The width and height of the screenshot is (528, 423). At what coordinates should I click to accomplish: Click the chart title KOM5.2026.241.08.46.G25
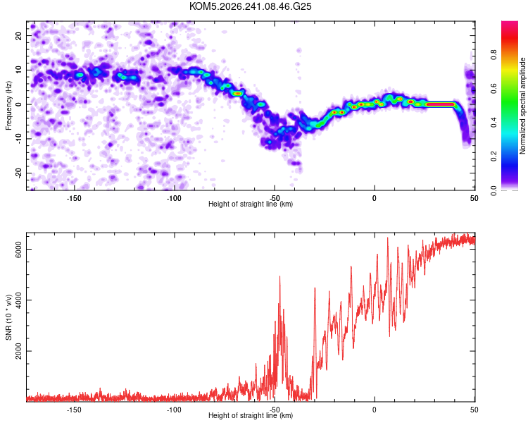250,6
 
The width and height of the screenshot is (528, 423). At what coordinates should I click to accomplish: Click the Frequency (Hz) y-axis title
8,106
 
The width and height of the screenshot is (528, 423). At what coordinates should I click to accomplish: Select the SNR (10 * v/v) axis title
8,317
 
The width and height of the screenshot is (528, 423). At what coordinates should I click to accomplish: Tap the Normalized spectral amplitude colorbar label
522,106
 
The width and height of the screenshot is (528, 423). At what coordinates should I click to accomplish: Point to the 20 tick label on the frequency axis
18,36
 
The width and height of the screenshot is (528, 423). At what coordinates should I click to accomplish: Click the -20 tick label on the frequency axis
18,173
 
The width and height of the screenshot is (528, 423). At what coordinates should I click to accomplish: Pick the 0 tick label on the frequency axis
18,104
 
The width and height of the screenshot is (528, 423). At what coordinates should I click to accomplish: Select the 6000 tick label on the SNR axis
18,250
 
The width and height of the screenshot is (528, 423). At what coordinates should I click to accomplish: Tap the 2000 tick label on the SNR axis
18,351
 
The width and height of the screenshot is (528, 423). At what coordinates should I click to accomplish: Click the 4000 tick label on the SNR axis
18,300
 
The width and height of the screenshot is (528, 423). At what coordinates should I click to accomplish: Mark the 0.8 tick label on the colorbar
494,54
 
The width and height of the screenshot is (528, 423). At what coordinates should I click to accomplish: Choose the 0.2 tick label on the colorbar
494,157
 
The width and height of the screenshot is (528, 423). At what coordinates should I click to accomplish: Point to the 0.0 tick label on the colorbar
494,190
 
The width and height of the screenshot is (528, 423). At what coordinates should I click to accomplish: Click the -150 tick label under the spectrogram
74,198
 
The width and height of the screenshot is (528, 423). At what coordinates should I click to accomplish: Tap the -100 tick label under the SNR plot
174,410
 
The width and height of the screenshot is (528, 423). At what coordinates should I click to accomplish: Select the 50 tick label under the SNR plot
474,410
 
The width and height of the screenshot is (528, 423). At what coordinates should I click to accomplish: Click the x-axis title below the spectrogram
251,204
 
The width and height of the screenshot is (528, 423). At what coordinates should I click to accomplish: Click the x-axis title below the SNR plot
251,415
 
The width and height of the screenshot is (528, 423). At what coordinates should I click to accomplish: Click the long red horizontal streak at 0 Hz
441,104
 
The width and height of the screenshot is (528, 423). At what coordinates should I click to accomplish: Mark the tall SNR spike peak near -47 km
279,276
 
